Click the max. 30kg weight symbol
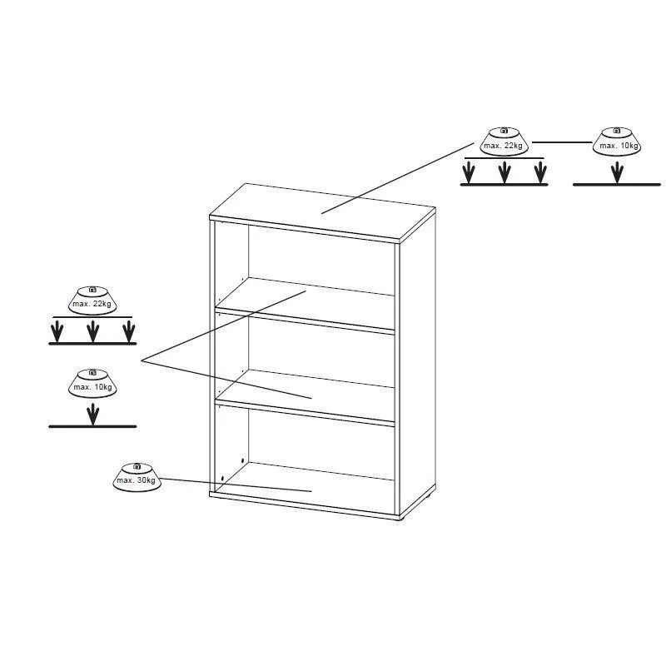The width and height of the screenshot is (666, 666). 137,477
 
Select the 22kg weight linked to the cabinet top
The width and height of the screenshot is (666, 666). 504,141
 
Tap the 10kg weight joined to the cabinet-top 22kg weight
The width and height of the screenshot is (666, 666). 617,141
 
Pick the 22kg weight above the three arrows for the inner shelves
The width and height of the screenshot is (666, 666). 92,301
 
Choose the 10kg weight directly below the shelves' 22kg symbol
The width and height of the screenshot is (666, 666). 92,384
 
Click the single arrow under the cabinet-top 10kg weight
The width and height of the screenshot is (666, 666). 617,173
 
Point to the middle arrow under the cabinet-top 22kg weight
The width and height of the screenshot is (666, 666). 504,172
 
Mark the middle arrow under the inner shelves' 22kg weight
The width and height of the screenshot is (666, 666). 92,331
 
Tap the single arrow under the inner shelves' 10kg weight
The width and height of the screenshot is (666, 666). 92,415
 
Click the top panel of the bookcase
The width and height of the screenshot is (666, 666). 323,212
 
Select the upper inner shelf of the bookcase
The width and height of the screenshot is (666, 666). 305,305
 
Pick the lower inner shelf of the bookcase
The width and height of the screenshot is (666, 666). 305,398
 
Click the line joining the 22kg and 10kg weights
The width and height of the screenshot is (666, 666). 563,142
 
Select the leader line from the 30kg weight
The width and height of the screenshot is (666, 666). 236,485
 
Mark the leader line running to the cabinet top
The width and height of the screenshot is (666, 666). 397,178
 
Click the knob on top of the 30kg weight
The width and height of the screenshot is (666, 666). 137,466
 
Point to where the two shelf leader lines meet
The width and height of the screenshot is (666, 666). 142,361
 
